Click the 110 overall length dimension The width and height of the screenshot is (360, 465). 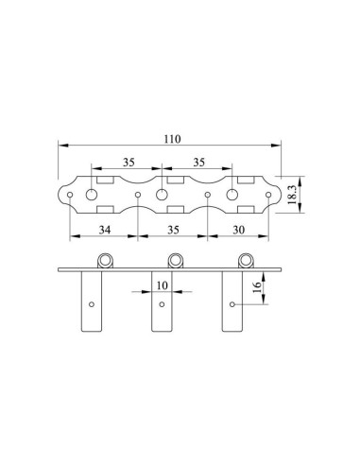click(x=172, y=139)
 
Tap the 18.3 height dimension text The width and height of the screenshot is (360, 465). click(x=292, y=195)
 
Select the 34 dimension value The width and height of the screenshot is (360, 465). click(x=105, y=230)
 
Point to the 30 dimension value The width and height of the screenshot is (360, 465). click(x=238, y=230)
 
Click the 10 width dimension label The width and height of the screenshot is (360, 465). click(x=162, y=285)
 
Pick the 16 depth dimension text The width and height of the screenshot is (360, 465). click(x=257, y=287)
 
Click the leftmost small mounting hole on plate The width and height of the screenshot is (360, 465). click(x=70, y=195)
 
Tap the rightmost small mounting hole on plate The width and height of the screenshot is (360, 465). click(x=268, y=195)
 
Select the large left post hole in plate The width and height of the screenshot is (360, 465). click(x=92, y=195)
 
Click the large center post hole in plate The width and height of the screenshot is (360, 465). click(x=162, y=195)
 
